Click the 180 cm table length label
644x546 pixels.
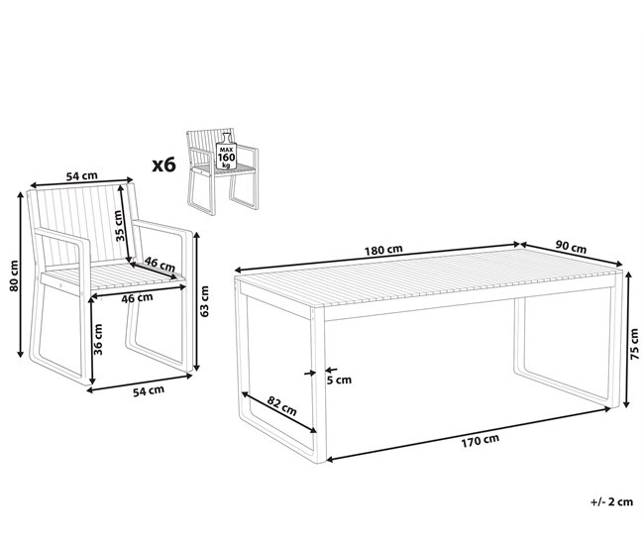[x=383, y=250]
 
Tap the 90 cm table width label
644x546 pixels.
[x=571, y=247]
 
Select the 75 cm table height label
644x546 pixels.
[x=634, y=344]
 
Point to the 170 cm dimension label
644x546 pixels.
[x=480, y=441]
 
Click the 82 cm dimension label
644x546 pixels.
[x=281, y=405]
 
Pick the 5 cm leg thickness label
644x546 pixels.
[x=339, y=381]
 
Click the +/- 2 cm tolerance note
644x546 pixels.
[x=611, y=501]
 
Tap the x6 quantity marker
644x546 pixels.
[x=163, y=164]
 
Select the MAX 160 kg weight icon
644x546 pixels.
[x=226, y=152]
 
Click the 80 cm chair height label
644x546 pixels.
[x=14, y=275]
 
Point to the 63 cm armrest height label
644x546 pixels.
[x=204, y=301]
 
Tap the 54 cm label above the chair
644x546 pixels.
[x=82, y=175]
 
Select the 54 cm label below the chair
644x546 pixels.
[x=149, y=390]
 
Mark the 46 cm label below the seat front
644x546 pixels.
[x=137, y=298]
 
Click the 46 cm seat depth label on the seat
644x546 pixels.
[x=160, y=264]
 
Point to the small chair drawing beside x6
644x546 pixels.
[x=223, y=171]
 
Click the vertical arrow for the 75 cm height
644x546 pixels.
[x=626, y=339]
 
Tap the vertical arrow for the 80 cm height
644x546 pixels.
[x=20, y=274]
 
